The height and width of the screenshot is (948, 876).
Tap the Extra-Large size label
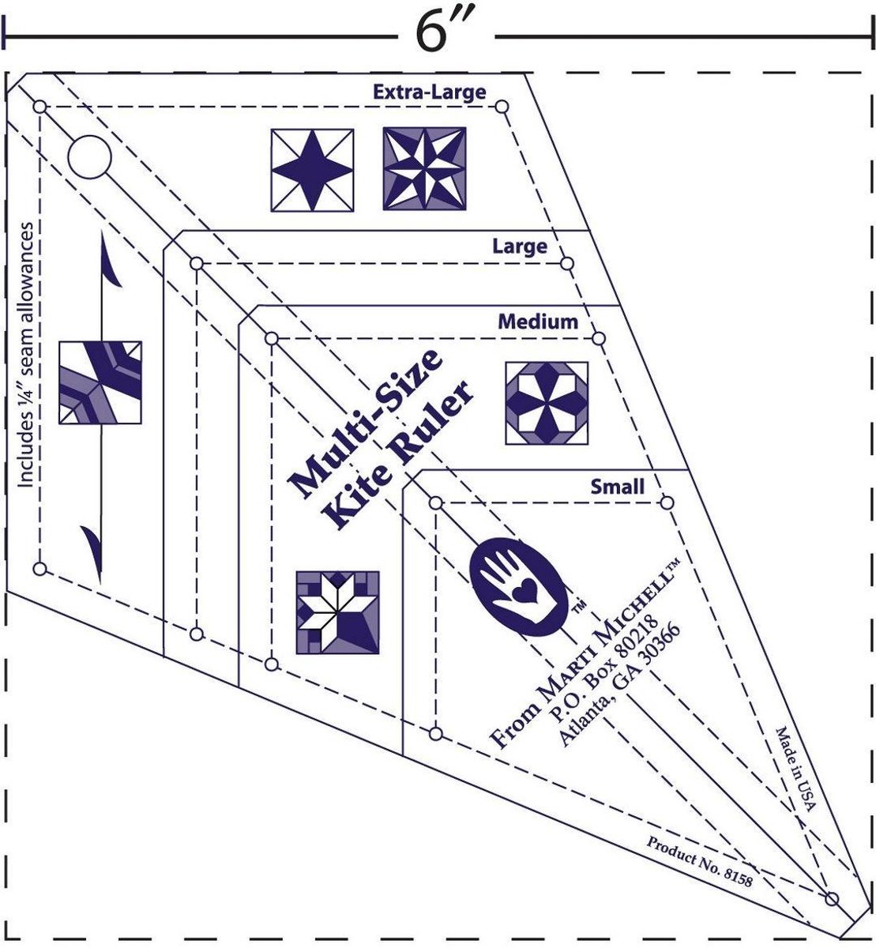[x=430, y=92]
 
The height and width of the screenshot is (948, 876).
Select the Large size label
[x=519, y=246]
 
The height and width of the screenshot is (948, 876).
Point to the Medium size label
[x=537, y=322]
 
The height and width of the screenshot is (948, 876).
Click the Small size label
[x=617, y=487]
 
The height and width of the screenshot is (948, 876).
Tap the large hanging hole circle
[x=89, y=156]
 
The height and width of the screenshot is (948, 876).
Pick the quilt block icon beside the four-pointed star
[x=424, y=169]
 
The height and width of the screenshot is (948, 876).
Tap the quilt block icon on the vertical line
[x=100, y=382]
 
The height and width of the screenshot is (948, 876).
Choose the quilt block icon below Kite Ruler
[x=337, y=613]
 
